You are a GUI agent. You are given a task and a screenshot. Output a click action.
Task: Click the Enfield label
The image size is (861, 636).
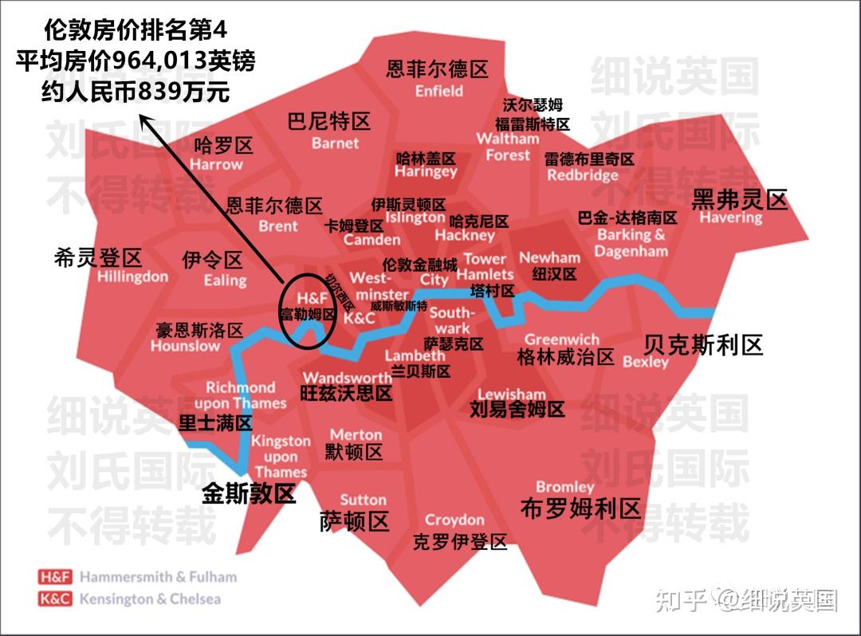click(438, 91)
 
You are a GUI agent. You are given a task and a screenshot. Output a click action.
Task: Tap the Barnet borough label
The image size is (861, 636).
click(335, 143)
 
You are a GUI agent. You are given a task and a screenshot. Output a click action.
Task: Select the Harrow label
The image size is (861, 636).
click(216, 164)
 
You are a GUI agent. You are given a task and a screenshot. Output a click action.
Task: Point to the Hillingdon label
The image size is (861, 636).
click(133, 277)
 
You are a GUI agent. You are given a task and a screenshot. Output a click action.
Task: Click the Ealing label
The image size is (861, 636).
click(225, 280)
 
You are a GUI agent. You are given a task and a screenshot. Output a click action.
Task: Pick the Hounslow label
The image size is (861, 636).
click(185, 346)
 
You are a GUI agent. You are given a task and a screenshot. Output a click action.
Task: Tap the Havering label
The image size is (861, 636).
click(730, 217)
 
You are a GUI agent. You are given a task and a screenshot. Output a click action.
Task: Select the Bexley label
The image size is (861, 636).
click(646, 362)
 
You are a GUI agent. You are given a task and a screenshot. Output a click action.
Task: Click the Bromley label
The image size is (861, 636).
click(564, 486)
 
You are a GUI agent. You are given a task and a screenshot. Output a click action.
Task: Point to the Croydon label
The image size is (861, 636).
click(454, 520)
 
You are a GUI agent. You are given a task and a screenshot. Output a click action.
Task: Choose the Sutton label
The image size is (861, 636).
click(363, 500)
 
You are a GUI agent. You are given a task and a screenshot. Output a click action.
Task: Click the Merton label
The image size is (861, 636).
click(356, 434)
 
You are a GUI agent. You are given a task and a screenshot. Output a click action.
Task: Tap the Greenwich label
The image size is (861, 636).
click(561, 340)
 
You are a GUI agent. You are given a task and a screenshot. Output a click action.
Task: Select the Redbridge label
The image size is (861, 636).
click(583, 175)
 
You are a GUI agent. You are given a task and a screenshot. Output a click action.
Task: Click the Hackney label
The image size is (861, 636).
click(465, 235)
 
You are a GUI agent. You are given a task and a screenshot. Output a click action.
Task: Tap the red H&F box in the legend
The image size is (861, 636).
click(55, 577)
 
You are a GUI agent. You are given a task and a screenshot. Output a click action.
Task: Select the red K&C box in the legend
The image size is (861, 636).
click(55, 599)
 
